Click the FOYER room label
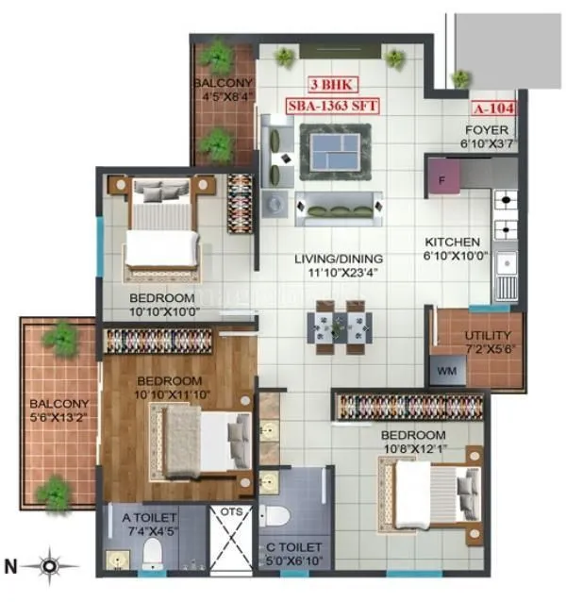coord(486,130)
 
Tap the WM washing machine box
coord(446,371)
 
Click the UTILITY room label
coord(488,335)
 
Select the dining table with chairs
coord(338,324)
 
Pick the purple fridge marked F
coord(441,177)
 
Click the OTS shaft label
coord(231,513)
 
